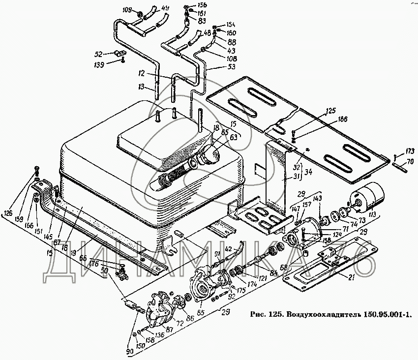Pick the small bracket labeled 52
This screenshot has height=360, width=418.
pyautogui.click(x=118, y=53)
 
